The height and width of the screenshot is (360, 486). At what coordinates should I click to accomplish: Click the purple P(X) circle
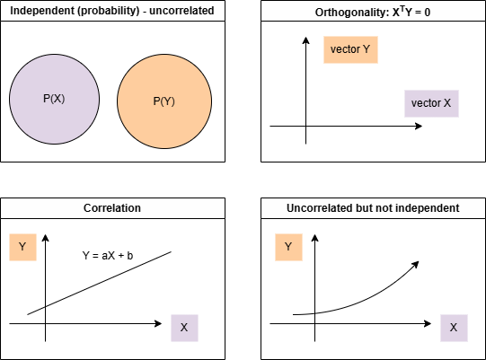point(54,99)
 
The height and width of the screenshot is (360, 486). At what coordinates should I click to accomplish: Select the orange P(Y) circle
point(164,101)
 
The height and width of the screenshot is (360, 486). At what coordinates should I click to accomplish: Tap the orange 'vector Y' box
point(350,49)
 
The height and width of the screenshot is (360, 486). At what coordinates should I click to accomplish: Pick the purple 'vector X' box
point(431,103)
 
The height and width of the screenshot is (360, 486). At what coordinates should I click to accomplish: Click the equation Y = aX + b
point(108,256)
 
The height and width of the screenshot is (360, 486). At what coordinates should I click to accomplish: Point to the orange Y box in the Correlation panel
point(22,247)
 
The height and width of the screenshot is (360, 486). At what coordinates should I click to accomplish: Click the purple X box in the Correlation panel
point(184,328)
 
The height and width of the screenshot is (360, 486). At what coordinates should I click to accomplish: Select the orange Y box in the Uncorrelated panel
point(288,247)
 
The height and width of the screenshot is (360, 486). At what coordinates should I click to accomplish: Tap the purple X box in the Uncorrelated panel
point(454,328)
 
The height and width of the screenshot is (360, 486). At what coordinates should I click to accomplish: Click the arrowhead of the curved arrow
point(416,265)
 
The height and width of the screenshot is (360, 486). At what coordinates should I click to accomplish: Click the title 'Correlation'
point(112,208)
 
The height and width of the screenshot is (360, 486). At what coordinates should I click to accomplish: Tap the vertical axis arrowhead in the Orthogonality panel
point(306,40)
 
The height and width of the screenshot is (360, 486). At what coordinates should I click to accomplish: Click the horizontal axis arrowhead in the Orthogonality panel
point(419,126)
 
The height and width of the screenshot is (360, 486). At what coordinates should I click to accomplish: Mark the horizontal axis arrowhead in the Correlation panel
point(158,324)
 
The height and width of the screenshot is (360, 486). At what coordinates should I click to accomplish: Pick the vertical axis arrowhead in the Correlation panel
point(46,238)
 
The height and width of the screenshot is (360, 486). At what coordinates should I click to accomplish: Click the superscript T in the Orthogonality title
point(402,9)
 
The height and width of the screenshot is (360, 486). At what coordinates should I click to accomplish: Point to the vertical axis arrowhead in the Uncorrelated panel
point(315,238)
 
